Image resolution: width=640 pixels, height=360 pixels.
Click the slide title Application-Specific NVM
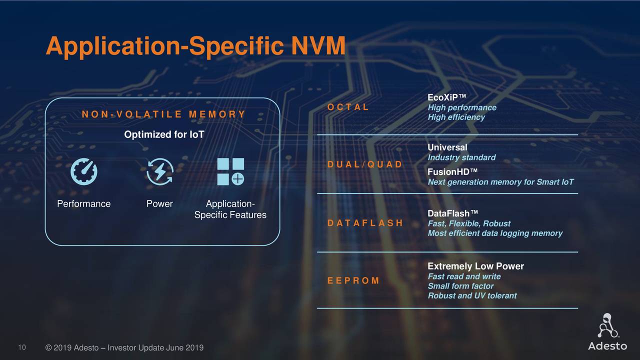pos(195,46)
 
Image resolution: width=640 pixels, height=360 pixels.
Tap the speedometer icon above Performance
pos(83,171)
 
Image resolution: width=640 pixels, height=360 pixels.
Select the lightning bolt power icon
pos(160,171)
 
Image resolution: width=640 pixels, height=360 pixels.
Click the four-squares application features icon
pos(230,171)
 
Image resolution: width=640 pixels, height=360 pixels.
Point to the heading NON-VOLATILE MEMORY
pos(163,114)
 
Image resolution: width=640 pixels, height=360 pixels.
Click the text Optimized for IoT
pos(163,135)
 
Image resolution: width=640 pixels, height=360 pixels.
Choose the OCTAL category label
pos(348,107)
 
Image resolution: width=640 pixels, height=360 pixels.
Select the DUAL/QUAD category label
pos(364,164)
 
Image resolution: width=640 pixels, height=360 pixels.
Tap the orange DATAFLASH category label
pos(365,223)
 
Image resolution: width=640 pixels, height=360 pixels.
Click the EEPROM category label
pos(353,280)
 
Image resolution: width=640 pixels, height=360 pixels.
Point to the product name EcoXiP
pos(446,97)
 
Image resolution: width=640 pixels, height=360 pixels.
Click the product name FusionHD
pos(452,172)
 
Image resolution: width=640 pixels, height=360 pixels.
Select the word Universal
pos(447,147)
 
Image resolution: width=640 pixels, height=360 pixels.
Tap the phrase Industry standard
pos(461,157)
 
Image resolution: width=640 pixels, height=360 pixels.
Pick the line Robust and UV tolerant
pos(472,295)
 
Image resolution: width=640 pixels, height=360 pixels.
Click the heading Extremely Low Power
pos(475,266)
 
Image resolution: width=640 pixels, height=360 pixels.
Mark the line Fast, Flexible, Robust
pos(469,223)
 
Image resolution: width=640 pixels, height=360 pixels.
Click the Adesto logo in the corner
pos(607,332)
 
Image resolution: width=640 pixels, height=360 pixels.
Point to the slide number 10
pos(22,347)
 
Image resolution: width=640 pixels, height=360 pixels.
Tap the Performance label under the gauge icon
pos(83,203)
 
